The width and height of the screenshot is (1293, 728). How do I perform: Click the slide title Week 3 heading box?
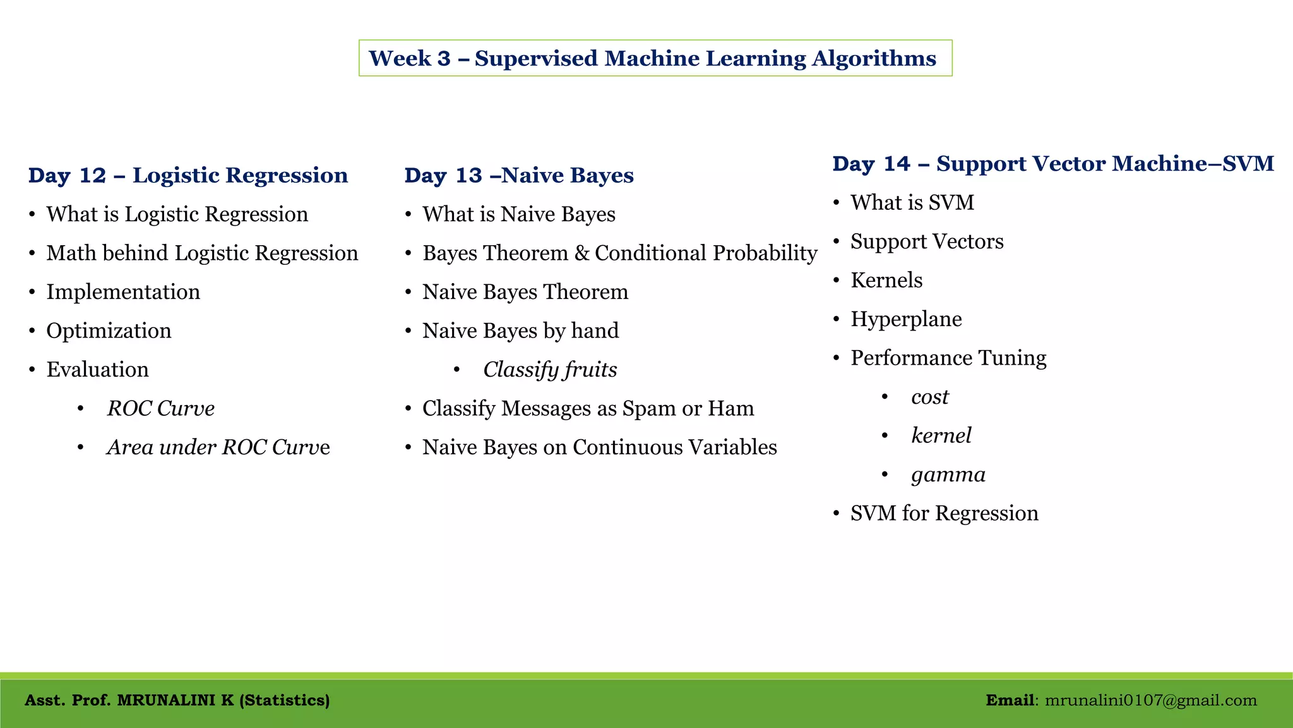(655, 58)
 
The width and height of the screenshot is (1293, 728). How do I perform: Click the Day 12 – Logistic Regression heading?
(188, 175)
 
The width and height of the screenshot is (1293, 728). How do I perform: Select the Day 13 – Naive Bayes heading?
(519, 175)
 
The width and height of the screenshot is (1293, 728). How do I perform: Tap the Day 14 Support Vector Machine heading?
(1052, 164)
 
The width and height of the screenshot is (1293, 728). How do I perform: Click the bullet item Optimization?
(109, 331)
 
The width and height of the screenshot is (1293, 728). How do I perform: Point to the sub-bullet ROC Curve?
(160, 408)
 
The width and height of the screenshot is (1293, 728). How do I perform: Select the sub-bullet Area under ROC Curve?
(218, 447)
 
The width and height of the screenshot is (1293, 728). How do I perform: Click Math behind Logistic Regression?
(202, 253)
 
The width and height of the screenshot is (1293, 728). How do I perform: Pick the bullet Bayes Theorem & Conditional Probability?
(619, 253)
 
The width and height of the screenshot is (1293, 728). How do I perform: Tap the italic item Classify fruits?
(549, 370)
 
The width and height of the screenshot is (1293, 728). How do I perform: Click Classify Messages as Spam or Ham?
(588, 408)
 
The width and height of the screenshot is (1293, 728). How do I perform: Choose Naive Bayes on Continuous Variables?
(599, 447)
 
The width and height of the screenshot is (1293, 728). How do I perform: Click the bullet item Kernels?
(886, 280)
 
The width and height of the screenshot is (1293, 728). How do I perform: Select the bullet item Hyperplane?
(905, 319)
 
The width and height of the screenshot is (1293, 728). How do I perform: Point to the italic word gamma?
(948, 475)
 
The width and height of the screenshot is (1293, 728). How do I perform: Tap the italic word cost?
(929, 397)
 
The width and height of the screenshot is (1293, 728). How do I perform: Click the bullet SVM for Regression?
(944, 513)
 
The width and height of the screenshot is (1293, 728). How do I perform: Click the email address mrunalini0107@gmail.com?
(1150, 700)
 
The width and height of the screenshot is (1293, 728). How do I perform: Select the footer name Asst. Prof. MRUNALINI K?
(177, 700)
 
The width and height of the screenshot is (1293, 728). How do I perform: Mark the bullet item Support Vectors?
(926, 241)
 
